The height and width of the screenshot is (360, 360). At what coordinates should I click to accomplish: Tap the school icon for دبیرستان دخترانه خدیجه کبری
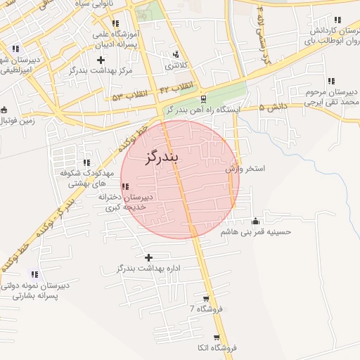(x=125, y=186)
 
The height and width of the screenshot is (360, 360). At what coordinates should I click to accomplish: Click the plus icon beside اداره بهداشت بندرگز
(x=148, y=257)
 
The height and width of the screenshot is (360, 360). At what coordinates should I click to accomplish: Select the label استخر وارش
(x=245, y=169)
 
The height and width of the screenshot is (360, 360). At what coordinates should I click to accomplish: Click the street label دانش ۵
(x=274, y=108)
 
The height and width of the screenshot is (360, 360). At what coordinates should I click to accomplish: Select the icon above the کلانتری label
(x=175, y=54)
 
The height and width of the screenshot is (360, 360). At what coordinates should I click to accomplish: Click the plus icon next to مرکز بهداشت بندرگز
(x=101, y=60)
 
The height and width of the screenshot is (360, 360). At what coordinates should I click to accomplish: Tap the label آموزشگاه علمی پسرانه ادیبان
(x=120, y=39)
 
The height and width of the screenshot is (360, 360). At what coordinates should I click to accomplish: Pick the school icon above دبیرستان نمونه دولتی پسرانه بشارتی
(x=35, y=274)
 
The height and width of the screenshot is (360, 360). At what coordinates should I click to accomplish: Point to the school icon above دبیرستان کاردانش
(x=336, y=22)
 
